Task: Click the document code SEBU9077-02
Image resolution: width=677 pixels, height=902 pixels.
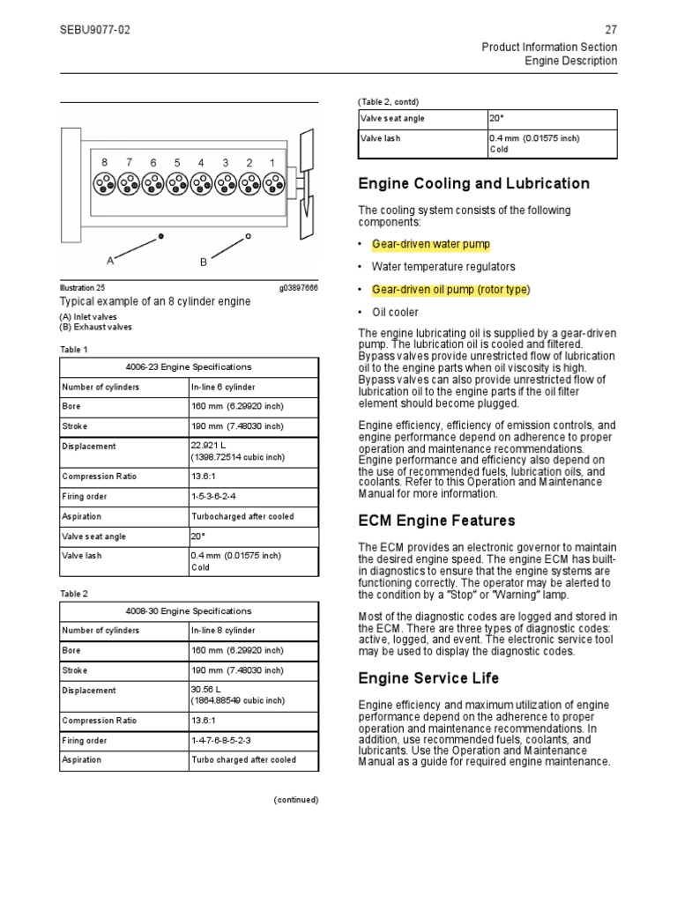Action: [x=94, y=30]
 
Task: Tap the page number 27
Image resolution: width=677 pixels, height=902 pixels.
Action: [x=611, y=30]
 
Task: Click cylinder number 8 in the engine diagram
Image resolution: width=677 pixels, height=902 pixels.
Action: [x=104, y=163]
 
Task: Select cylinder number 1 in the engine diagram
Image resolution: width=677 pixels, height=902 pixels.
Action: [x=272, y=163]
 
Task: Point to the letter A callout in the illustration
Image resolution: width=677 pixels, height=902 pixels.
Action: [x=110, y=261]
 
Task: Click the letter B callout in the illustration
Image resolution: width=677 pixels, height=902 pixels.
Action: [x=203, y=262]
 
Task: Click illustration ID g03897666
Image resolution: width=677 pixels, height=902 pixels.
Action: [x=299, y=287]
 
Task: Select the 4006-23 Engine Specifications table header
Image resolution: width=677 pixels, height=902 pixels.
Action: [x=189, y=366]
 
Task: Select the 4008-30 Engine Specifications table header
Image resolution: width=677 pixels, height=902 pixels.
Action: [x=189, y=610]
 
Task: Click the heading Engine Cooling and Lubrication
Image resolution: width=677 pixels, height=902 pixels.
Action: [x=473, y=184]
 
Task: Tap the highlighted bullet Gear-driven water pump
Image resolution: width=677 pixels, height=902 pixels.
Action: [x=430, y=244]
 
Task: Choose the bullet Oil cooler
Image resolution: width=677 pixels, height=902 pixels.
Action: [x=395, y=312]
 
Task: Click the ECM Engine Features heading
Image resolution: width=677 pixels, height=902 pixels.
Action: [x=436, y=521]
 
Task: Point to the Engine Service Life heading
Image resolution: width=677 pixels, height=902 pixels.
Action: [x=428, y=677]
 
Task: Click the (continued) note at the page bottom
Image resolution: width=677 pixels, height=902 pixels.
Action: [x=295, y=800]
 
